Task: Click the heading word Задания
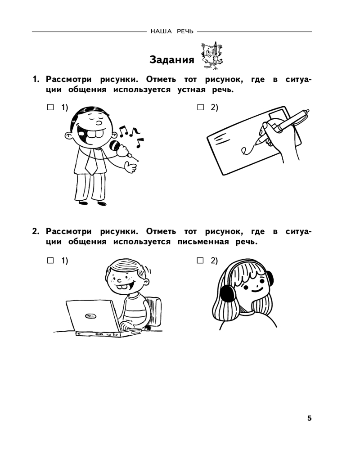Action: click(x=171, y=59)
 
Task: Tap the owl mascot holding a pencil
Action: click(x=212, y=55)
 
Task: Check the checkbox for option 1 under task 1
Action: click(x=50, y=108)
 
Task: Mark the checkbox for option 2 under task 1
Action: click(x=200, y=108)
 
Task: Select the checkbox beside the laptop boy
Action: click(x=50, y=261)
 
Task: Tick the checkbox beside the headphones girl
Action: click(x=200, y=261)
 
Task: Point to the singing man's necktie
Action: click(x=91, y=162)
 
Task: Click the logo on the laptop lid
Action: click(x=90, y=316)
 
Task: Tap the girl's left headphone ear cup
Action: click(x=227, y=293)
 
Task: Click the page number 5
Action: click(x=309, y=418)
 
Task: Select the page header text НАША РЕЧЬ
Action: click(x=172, y=31)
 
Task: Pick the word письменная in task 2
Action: click(x=203, y=242)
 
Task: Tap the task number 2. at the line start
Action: click(x=36, y=231)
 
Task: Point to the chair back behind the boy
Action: click(x=154, y=311)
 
